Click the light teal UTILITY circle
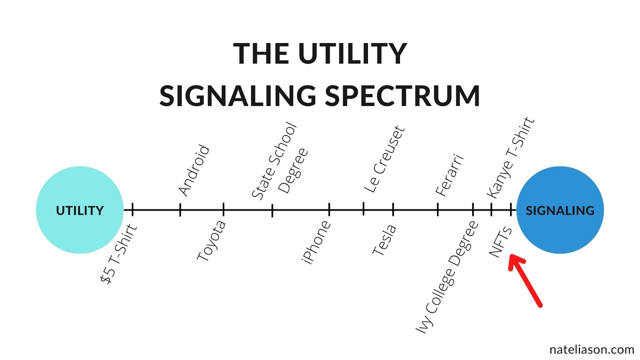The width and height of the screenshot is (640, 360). [80, 210]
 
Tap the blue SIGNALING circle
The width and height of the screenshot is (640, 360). [560, 210]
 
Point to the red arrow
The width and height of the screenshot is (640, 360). [525, 280]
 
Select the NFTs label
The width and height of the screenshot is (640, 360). [500, 242]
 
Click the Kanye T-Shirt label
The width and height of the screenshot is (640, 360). [510, 158]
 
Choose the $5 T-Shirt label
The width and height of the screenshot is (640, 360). [118, 254]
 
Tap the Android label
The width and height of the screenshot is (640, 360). [194, 171]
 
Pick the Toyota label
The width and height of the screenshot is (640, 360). [212, 240]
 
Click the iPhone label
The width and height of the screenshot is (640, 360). [316, 242]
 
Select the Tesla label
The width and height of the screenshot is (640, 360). [384, 240]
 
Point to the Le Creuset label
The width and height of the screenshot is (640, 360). [384, 159]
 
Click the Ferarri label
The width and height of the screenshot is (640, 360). [450, 175]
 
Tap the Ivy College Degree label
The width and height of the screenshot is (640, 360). [447, 277]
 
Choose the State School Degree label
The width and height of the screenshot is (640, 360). [280, 162]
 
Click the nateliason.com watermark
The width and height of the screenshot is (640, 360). [592, 350]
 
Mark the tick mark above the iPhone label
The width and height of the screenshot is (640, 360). [329, 210]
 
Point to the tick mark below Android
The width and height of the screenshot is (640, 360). [180, 210]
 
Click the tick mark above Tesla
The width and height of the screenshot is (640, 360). [393, 210]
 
